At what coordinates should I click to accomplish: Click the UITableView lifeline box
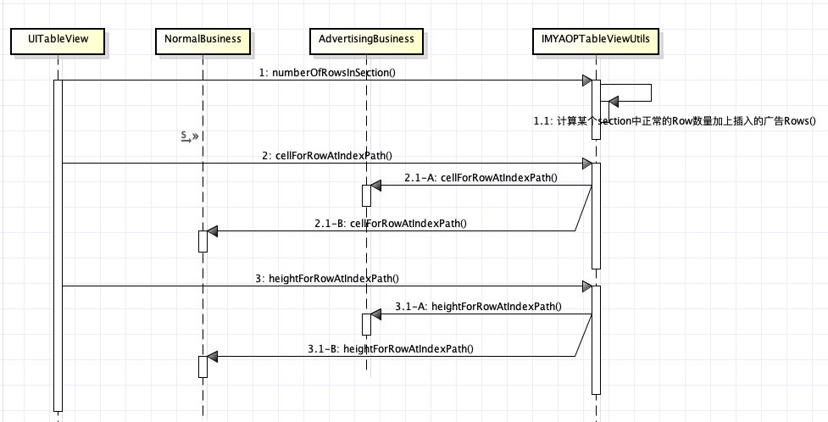point(58,39)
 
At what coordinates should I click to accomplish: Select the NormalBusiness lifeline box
point(203,39)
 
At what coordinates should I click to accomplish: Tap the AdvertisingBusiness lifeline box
point(366,39)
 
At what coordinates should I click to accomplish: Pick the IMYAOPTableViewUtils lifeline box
point(596,39)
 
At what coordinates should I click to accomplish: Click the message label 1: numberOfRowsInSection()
point(328,73)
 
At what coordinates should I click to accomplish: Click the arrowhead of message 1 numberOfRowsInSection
point(586,81)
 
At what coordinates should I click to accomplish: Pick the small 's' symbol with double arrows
point(188,136)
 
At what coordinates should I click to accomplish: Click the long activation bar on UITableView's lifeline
point(58,246)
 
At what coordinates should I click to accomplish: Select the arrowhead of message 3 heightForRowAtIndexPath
point(586,286)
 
